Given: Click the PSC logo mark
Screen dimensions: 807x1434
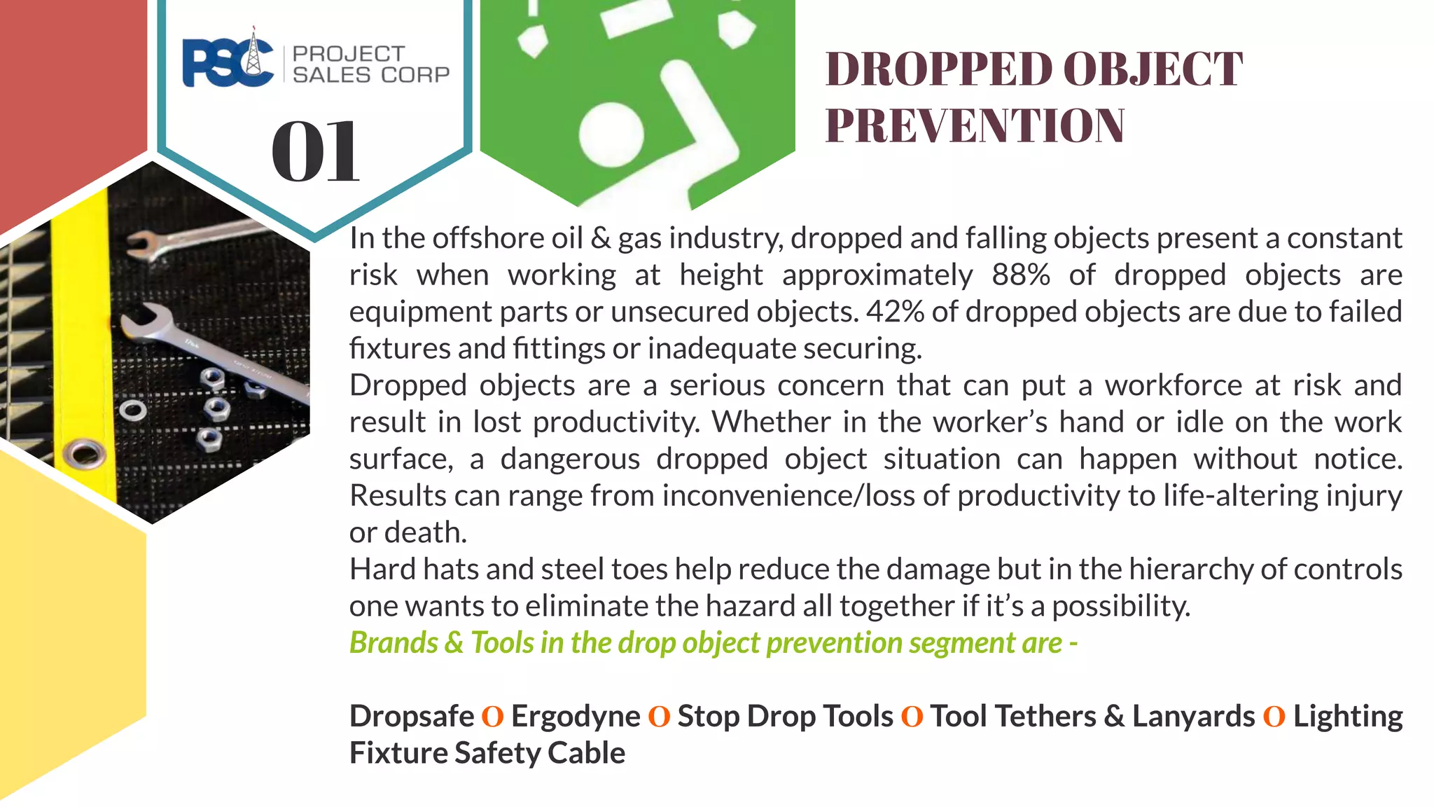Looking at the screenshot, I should click(x=228, y=62).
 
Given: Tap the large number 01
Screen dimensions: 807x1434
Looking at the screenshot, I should click(x=315, y=151).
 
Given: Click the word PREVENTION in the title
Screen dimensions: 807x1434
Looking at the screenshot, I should click(x=975, y=126).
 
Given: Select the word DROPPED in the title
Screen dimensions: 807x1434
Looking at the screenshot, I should click(x=938, y=69).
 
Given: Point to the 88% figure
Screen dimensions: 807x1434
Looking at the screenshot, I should click(x=1020, y=275).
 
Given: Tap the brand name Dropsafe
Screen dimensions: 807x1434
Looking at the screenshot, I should click(x=412, y=717).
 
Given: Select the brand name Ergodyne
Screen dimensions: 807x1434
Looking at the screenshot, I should click(x=576, y=717).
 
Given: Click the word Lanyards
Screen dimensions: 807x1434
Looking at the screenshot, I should click(x=1193, y=717).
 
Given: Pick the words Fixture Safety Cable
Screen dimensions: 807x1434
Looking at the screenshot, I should click(x=487, y=754).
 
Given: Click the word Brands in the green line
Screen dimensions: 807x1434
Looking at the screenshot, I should click(x=394, y=643).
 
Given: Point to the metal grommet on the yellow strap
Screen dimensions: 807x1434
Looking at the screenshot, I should click(x=85, y=454).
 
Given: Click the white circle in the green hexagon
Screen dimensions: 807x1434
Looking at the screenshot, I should click(x=611, y=134).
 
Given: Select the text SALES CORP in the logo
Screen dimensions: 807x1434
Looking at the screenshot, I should click(x=371, y=75).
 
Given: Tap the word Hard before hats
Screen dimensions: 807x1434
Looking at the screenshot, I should click(x=379, y=570).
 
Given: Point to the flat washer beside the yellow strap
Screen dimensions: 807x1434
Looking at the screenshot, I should click(x=132, y=411).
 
